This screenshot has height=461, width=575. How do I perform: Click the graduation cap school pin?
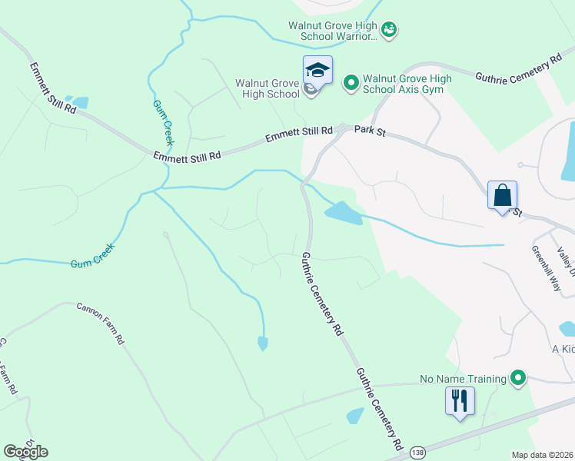pyautogui.click(x=317, y=71)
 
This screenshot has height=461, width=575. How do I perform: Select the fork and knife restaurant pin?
pyautogui.click(x=460, y=400)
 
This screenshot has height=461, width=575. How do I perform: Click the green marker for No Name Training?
pyautogui.click(x=518, y=378)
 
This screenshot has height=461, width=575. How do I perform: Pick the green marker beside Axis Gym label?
pyautogui.click(x=351, y=81)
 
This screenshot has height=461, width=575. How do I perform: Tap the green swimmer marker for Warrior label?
pyautogui.click(x=389, y=29)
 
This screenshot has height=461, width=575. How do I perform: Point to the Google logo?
pyautogui.click(x=25, y=452)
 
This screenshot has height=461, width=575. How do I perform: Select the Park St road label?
pyautogui.click(x=369, y=132)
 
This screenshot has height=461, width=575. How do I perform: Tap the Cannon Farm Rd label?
pyautogui.click(x=100, y=323)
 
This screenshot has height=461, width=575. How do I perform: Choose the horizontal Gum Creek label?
pyautogui.click(x=92, y=263)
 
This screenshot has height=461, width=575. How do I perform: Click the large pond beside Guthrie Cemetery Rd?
pyautogui.click(x=344, y=214)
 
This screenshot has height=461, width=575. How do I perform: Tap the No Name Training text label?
pyautogui.click(x=463, y=379)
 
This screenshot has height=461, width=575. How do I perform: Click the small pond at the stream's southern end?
pyautogui.click(x=263, y=343)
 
